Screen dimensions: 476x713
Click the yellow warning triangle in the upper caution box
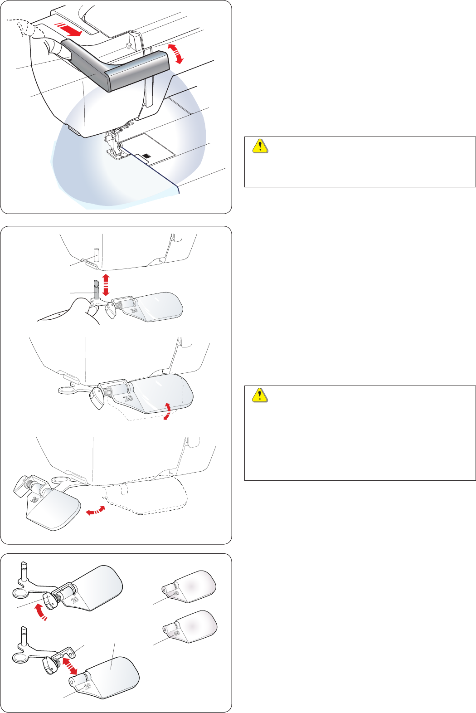pyautogui.click(x=260, y=146)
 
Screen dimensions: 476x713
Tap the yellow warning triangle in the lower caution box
pyautogui.click(x=260, y=396)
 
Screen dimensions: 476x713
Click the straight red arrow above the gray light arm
pyautogui.click(x=68, y=29)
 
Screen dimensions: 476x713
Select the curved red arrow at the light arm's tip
pyautogui.click(x=175, y=54)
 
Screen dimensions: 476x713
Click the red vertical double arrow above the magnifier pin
pyautogui.click(x=106, y=284)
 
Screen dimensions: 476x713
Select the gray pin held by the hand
pyautogui.click(x=96, y=289)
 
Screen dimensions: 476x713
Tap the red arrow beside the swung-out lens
pyautogui.click(x=96, y=511)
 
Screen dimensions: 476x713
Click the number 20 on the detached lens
pyautogui.click(x=87, y=686)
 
